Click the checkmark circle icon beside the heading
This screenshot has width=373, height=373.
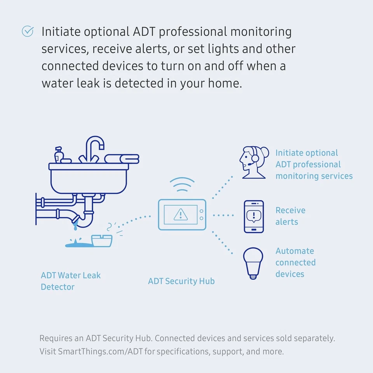(28, 31)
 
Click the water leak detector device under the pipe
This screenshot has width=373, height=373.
(102, 241)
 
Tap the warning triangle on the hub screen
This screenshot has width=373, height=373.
(180, 214)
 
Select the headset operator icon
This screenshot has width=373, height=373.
(253, 163)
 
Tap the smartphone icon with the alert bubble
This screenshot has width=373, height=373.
(253, 216)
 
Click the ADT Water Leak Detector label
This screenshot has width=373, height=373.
(70, 281)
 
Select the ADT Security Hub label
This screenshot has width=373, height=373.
(181, 281)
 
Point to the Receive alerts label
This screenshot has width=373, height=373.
(290, 216)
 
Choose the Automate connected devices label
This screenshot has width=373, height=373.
(295, 262)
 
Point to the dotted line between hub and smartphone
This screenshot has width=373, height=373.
(223, 215)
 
